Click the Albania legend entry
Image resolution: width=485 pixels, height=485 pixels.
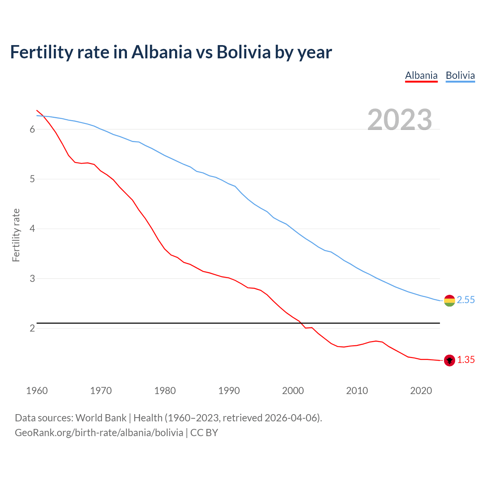point(421,75)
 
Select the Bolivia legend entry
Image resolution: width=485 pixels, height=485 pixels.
point(460,75)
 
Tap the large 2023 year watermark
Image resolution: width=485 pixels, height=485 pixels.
point(400,120)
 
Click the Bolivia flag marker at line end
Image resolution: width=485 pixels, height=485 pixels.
point(449,301)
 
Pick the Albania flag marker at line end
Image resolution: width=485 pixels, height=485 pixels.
point(449,360)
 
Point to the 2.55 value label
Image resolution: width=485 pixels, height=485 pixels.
point(466,300)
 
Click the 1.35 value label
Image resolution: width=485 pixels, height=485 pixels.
point(466,360)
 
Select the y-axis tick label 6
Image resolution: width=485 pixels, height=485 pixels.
point(32,129)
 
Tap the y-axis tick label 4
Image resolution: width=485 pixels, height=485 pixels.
point(32,229)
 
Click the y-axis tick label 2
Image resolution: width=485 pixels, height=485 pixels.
point(32,328)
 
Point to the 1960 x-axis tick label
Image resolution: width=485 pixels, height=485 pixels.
point(37,391)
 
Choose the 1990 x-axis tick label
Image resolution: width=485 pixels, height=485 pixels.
point(229,391)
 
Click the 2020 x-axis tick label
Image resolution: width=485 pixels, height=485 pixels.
point(421,391)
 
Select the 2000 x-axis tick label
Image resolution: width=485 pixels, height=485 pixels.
point(293,391)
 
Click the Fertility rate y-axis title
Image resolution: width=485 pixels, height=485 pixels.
point(16,235)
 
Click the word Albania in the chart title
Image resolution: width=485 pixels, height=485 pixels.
point(161,52)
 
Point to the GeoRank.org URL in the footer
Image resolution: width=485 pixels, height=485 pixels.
point(99,433)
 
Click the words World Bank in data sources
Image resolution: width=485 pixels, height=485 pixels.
point(101,418)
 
